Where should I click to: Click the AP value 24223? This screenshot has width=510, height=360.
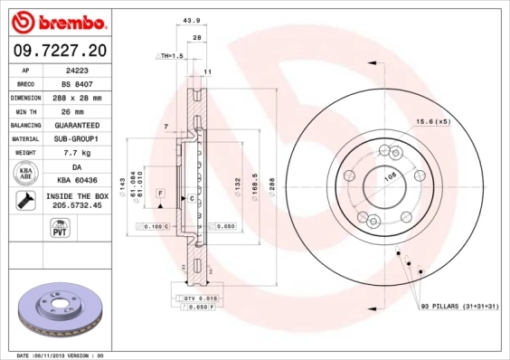[x=77, y=70]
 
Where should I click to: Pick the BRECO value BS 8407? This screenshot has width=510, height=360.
[x=77, y=83]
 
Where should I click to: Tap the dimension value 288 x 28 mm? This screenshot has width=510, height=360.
[x=77, y=97]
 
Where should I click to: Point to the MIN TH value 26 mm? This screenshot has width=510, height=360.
[x=77, y=110]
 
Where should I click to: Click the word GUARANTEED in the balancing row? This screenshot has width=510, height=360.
[x=77, y=125]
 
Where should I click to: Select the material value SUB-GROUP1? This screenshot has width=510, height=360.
[x=77, y=139]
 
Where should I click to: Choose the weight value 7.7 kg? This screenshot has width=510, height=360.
[x=77, y=153]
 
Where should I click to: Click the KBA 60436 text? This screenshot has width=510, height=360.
[x=77, y=182]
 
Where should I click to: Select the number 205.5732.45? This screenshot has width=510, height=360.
[x=77, y=205]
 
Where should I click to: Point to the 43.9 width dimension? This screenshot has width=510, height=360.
[x=191, y=20]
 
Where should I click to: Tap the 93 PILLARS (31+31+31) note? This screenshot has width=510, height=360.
[x=459, y=307]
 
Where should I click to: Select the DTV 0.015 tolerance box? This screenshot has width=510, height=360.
[x=200, y=298]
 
